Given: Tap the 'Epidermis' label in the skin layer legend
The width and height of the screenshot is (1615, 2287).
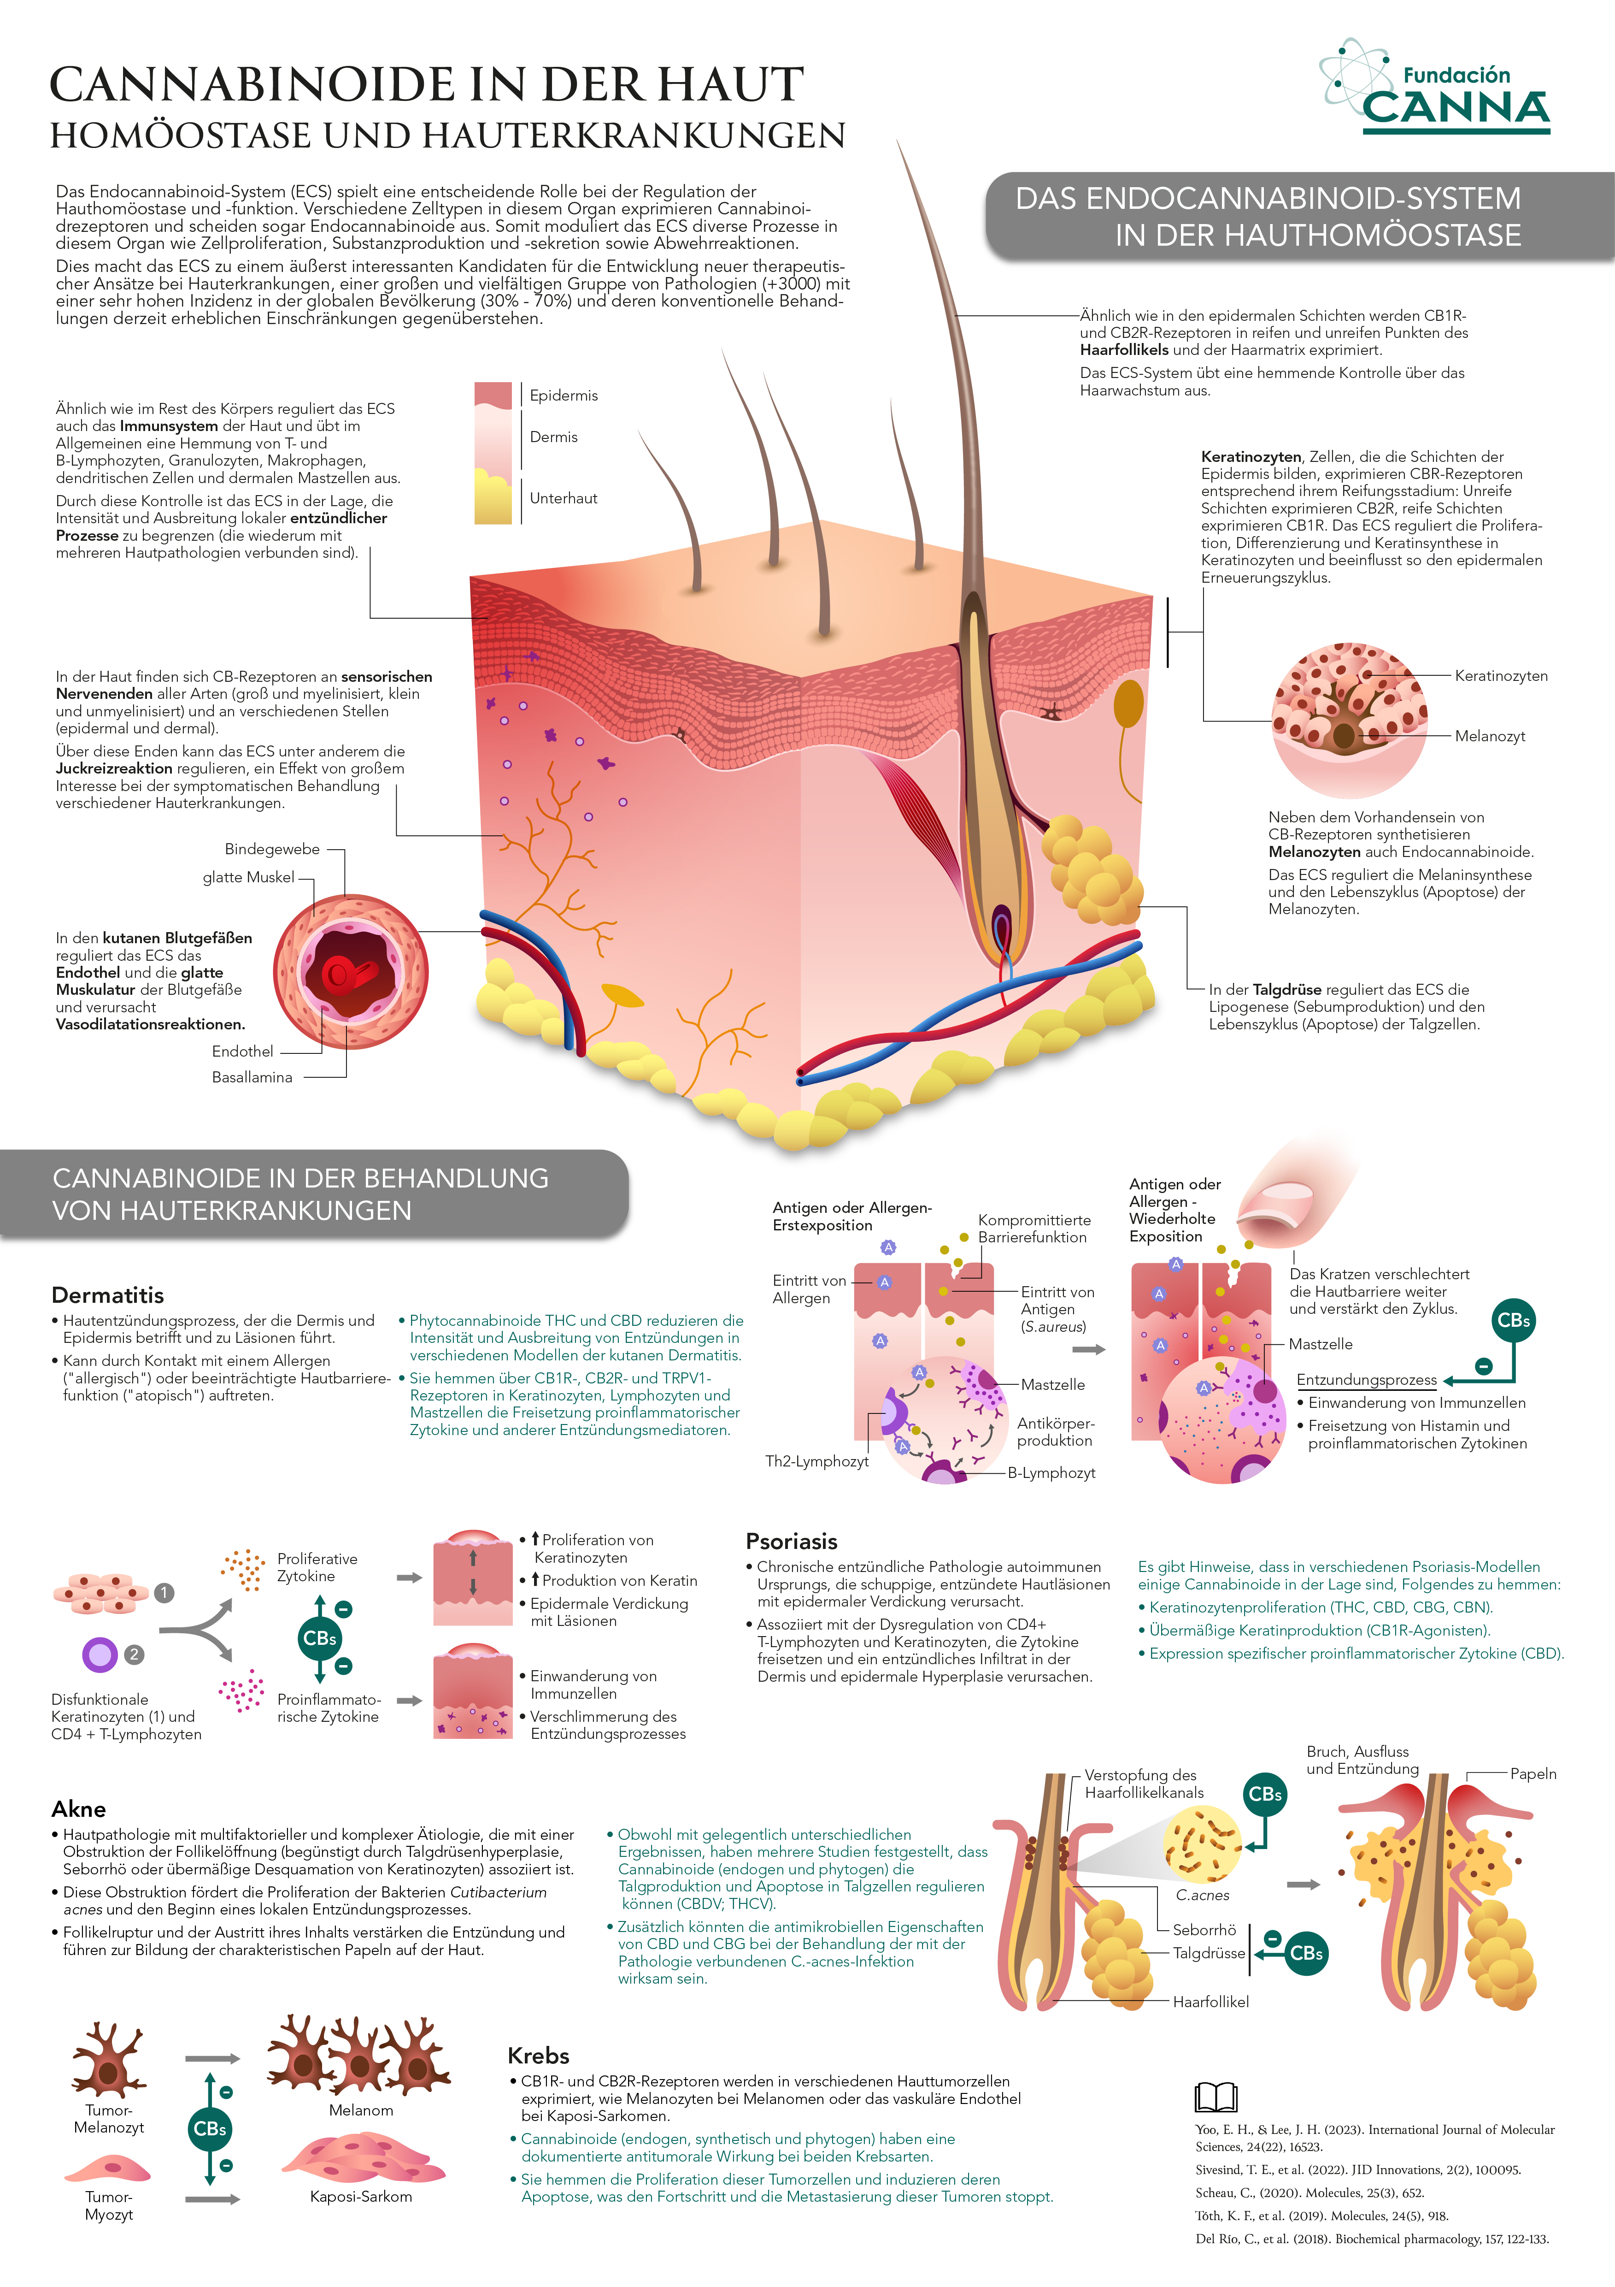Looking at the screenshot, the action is (564, 396).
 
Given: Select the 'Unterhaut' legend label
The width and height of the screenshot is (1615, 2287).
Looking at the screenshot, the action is (564, 498).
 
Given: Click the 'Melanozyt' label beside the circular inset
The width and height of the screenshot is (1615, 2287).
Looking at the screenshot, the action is (1490, 736).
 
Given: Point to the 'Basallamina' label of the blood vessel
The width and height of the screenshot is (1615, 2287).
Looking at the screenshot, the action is (252, 1077).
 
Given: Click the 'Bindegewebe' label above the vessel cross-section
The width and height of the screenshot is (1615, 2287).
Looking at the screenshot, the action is (272, 849).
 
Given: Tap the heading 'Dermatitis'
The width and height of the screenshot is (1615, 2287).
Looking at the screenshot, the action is (107, 1295).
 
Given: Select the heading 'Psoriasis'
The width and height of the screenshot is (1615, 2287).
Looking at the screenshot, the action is (792, 1541).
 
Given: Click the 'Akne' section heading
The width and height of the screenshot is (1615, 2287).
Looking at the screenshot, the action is (79, 1809).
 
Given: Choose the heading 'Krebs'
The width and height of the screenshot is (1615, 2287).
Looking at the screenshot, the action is (539, 2055).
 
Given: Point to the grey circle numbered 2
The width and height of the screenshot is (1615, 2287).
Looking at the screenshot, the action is (134, 1655).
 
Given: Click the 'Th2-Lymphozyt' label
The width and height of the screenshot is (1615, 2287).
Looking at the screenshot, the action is (816, 1461).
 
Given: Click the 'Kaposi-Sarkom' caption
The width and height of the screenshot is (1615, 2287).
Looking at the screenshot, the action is (360, 2196).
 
